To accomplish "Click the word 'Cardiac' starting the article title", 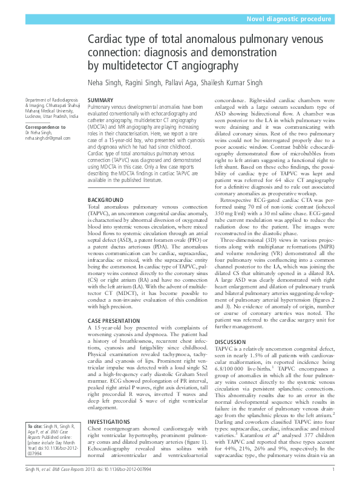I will click(106, 41).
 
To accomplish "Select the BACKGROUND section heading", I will click(105, 199).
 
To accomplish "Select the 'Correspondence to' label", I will click(46, 128).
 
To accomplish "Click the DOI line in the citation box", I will click(42, 447).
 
